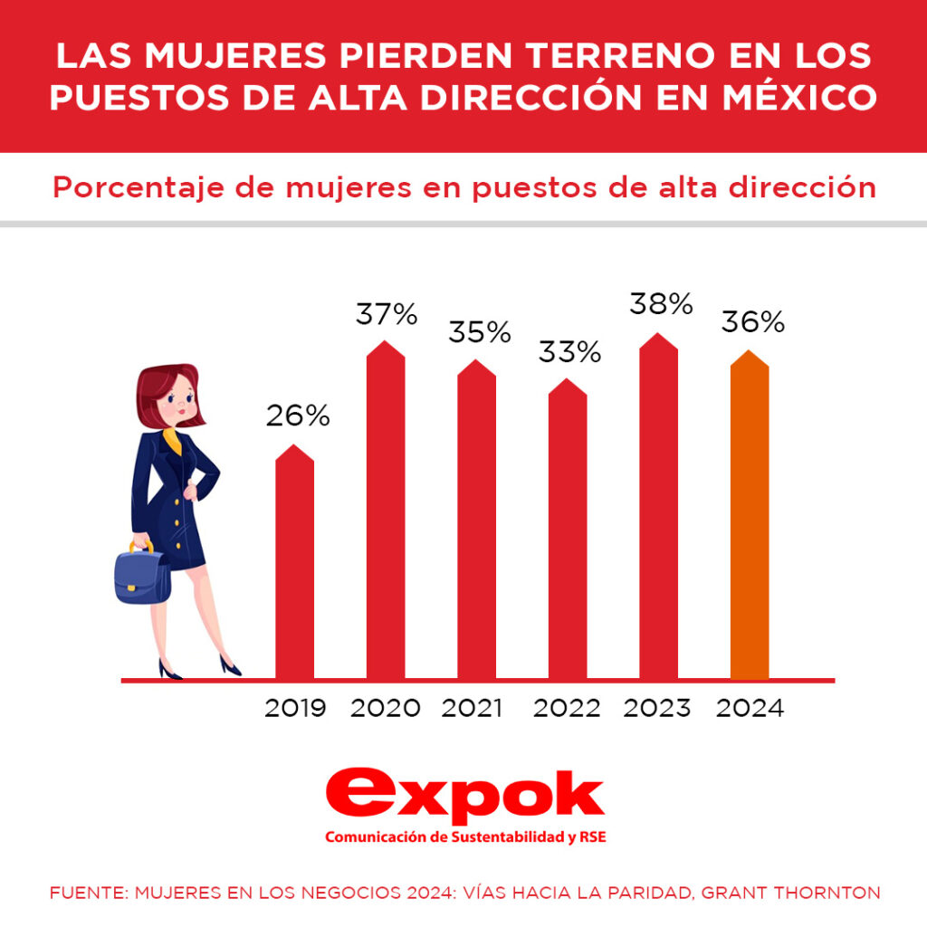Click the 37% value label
(x=386, y=315)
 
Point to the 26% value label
(x=297, y=416)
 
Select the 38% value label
(x=661, y=305)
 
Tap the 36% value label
(x=752, y=322)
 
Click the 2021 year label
(x=472, y=708)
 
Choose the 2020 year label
(x=386, y=708)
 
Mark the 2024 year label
(x=750, y=708)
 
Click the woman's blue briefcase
(x=142, y=575)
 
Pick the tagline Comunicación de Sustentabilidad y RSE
(x=464, y=837)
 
